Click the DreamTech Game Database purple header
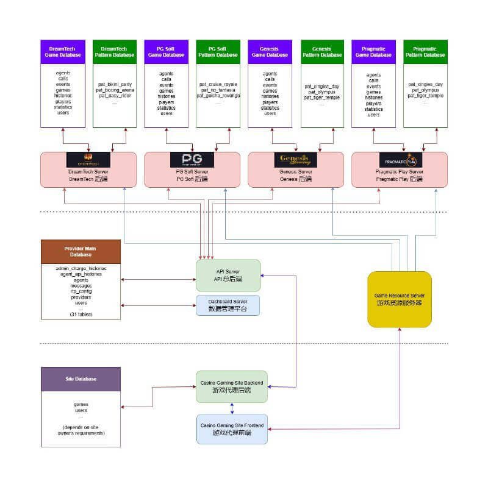click(63, 51)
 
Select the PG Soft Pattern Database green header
click(218, 51)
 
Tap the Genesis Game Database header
click(270, 51)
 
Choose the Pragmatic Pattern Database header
click(425, 51)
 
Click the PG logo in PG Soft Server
click(192, 160)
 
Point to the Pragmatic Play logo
click(400, 160)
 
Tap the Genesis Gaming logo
click(295, 160)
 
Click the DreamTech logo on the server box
click(88, 160)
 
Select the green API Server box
click(228, 275)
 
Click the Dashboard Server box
click(228, 305)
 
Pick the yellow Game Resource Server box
click(400, 299)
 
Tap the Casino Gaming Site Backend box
click(231, 386)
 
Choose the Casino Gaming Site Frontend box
click(231, 428)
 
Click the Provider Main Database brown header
click(81, 252)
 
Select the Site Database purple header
click(81, 379)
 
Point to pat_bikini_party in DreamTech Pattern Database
click(115, 84)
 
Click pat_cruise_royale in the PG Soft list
click(218, 84)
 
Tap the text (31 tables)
click(81, 314)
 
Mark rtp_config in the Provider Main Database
click(81, 291)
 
